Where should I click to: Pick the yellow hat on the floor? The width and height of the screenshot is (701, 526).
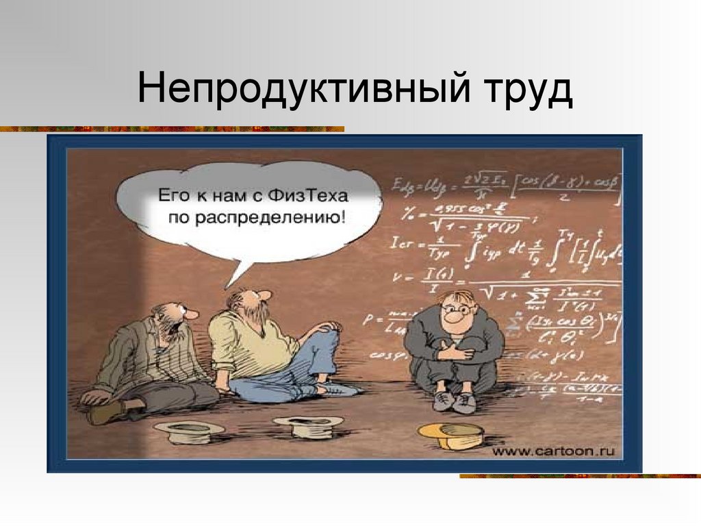(451, 433)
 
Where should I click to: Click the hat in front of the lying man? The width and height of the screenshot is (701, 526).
(188, 429)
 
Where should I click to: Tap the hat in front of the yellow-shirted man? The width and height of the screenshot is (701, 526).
(308, 425)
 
